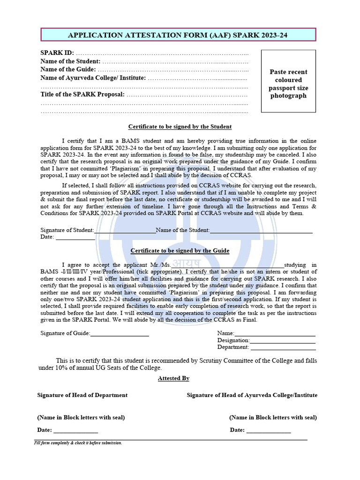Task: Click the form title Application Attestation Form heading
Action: pyautogui.click(x=178, y=35)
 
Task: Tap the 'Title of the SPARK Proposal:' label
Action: pyautogui.click(x=82, y=94)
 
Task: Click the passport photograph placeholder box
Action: pyautogui.click(x=288, y=81)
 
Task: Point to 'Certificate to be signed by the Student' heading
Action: pyautogui.click(x=180, y=127)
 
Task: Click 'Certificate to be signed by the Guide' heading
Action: pyautogui.click(x=180, y=251)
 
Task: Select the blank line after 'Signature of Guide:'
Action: pyautogui.click(x=120, y=334)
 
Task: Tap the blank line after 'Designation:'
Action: pyautogui.click(x=283, y=341)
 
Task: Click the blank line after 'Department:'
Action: pyautogui.click(x=283, y=348)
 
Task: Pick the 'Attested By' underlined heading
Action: pyautogui.click(x=173, y=378)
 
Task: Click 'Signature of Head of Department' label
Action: pyautogui.click(x=82, y=395)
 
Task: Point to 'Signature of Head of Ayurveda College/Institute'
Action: pyautogui.click(x=252, y=395)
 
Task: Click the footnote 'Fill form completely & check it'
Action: pyautogui.click(x=78, y=443)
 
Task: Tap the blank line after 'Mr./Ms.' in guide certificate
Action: pyautogui.click(x=228, y=266)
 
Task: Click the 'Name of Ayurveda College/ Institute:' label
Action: pyautogui.click(x=93, y=78)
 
